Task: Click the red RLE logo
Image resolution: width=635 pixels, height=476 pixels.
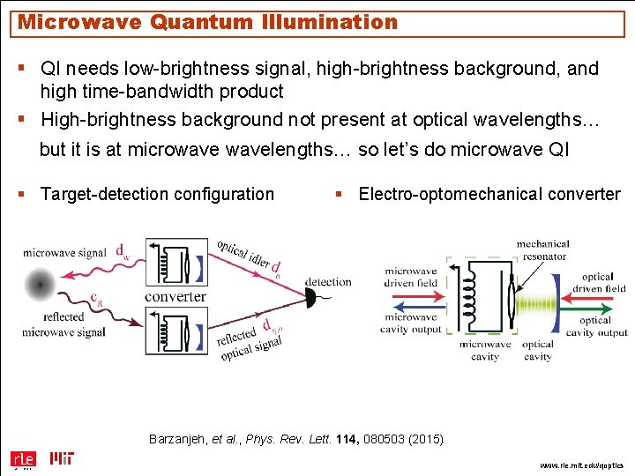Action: click(22, 458)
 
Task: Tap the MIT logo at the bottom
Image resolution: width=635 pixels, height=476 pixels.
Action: click(62, 458)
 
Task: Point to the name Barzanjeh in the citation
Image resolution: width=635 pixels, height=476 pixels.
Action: click(179, 438)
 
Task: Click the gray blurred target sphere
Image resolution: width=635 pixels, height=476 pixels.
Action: click(39, 284)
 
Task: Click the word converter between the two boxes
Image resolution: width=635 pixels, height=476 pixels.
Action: click(175, 297)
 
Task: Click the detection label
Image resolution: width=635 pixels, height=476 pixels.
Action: click(328, 282)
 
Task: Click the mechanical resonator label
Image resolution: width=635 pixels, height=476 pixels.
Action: click(542, 249)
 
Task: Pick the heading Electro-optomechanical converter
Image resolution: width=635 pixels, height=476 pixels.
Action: click(489, 194)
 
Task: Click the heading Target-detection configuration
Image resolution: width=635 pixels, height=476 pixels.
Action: click(157, 194)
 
